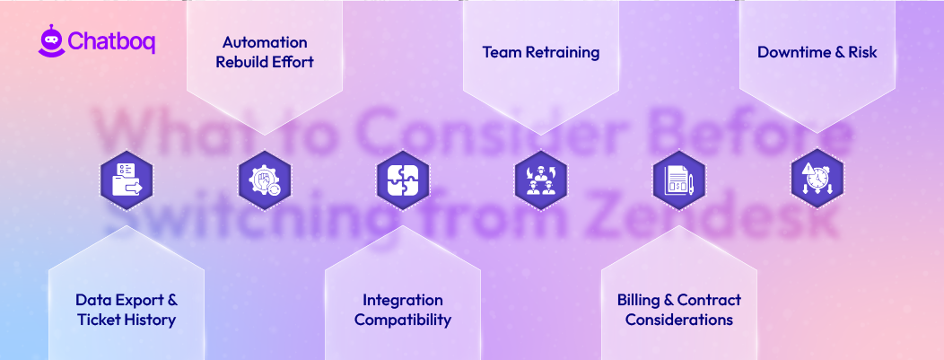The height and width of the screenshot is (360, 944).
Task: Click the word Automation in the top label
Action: [x=265, y=43]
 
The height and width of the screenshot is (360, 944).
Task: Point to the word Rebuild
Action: [x=244, y=63]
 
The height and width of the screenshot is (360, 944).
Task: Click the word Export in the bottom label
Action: [x=139, y=300]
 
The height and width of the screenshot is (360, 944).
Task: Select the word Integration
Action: [x=403, y=300]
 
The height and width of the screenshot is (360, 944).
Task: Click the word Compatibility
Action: [x=403, y=320]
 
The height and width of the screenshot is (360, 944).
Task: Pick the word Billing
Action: [x=639, y=300]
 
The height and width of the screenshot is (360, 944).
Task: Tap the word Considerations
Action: [x=679, y=320]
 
